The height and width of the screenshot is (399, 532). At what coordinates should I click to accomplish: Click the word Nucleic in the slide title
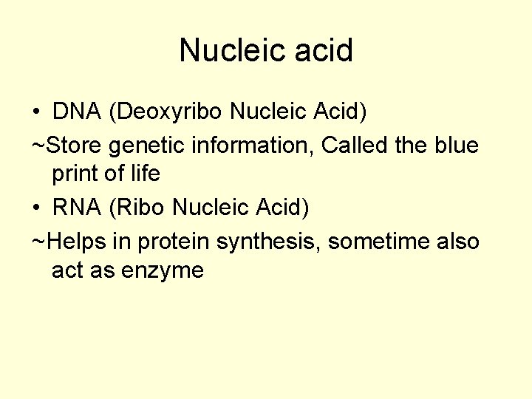pyautogui.click(x=225, y=51)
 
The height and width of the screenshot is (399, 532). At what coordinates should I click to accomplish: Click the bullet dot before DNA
pyautogui.click(x=36, y=112)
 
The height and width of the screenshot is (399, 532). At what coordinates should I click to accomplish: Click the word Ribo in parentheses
pyautogui.click(x=140, y=208)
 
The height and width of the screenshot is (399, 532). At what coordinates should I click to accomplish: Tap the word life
pyautogui.click(x=146, y=174)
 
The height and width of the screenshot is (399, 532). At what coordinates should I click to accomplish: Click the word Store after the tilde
pyautogui.click(x=73, y=145)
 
